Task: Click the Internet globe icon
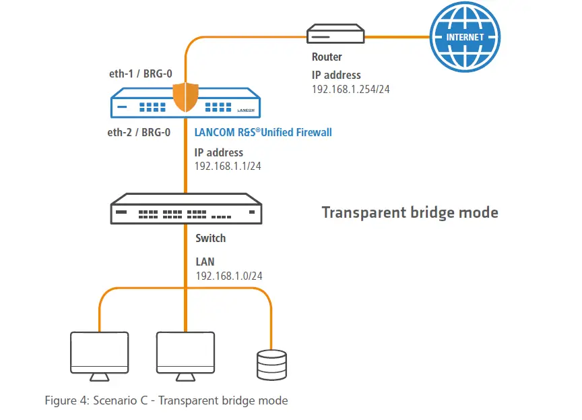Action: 464,37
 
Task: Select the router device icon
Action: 335,34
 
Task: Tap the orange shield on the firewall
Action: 185,98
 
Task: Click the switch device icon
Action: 187,208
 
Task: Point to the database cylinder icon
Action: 271,365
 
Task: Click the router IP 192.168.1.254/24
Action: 350,89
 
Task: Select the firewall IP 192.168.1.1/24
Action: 228,166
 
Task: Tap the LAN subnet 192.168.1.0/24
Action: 229,276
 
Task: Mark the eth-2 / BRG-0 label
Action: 139,133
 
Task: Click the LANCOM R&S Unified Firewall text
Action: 263,133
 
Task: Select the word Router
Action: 327,57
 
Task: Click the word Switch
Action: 210,238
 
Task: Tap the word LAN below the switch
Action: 205,262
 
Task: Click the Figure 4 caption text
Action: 166,400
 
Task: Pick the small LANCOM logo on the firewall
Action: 246,109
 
